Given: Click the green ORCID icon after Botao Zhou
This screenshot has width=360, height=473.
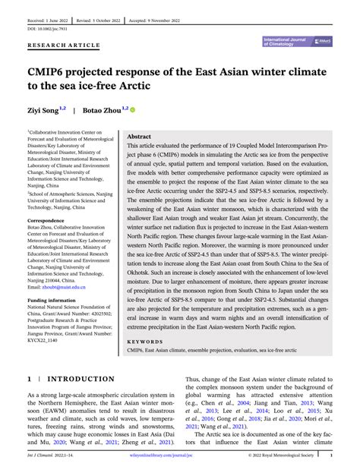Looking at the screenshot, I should click(x=133, y=110).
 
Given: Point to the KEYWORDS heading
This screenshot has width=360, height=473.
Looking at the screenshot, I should click(x=144, y=341).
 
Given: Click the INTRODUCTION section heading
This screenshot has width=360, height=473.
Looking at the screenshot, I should click(x=81, y=379).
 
